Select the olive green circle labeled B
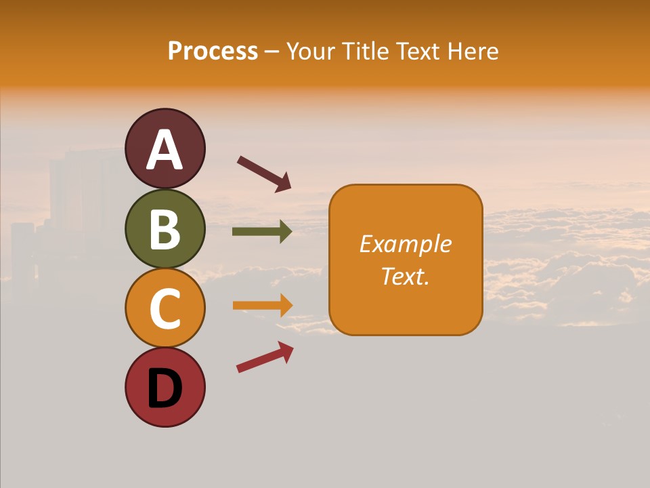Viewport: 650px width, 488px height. pos(165,228)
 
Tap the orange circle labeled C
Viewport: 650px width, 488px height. pos(165,308)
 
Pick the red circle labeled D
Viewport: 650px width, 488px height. pos(165,387)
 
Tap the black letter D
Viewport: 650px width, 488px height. pos(165,388)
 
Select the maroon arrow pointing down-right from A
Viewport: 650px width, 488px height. pos(263,173)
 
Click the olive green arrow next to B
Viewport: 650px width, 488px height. pos(261,232)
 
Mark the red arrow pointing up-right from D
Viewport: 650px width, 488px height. pos(264,358)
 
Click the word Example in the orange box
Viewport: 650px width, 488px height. pos(406,244)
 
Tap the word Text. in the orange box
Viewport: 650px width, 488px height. pos(406,276)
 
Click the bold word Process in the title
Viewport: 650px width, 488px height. pos(213,51)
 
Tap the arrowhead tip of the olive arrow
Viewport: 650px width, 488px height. pos(290,232)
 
